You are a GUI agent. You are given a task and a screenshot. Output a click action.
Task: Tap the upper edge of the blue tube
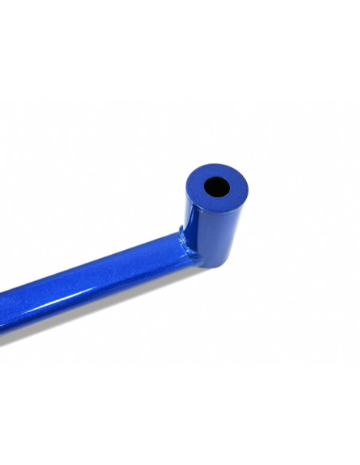96,258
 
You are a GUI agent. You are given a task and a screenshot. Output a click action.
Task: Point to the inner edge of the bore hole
225,183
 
